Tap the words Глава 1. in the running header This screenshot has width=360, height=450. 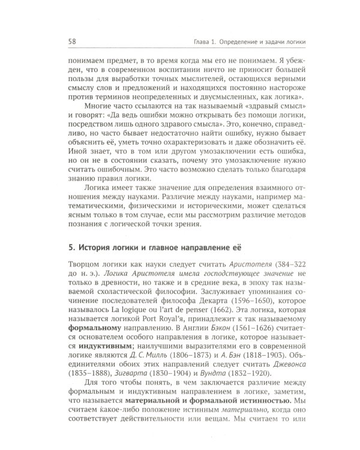(x=199, y=41)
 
